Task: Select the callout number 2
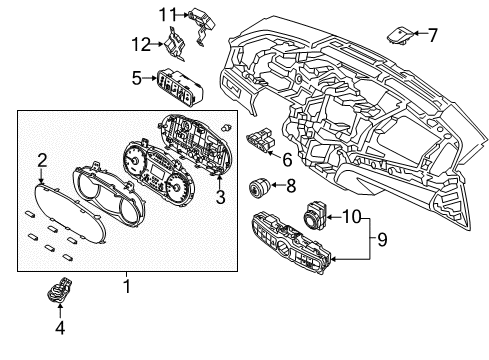42,159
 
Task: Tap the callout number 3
219,196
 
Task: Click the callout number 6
287,158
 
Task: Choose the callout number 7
432,35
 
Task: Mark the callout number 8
291,185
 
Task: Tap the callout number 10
349,214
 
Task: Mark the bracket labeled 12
177,45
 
